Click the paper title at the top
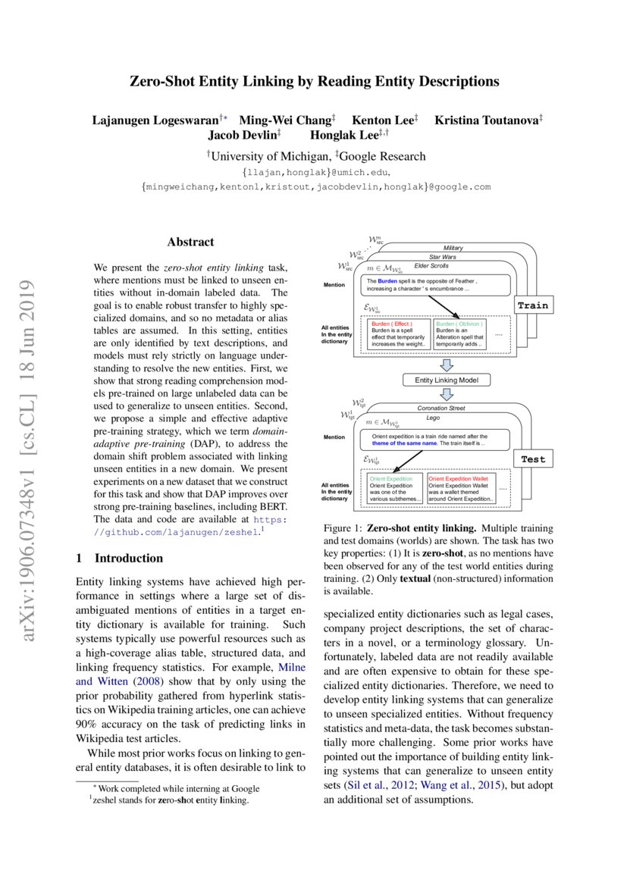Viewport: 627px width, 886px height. pos(313,81)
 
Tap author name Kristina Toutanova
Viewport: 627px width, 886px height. pos(486,120)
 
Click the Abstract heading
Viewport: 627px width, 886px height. pos(190,243)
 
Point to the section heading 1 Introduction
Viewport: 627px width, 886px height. pos(120,558)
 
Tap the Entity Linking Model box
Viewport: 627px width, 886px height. pos(447,380)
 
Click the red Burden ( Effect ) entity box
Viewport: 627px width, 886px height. pos(399,333)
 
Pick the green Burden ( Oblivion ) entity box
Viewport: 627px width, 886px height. pos(462,333)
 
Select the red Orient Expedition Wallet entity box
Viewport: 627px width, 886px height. pos(461,489)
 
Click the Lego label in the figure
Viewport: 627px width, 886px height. pos(433,418)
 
